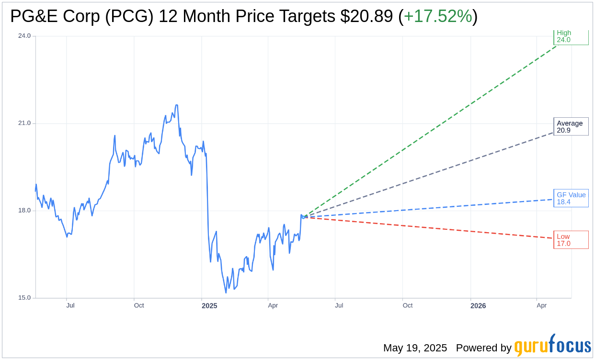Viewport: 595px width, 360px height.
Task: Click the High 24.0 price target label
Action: (x=571, y=36)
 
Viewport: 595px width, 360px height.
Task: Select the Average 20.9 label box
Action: (x=571, y=126)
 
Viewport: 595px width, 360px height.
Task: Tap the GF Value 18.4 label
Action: (x=571, y=198)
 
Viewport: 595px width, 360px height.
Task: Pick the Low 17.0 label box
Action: (x=571, y=240)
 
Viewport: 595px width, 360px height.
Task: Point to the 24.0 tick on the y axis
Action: (x=24, y=36)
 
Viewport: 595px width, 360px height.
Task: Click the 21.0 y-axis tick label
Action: (x=24, y=123)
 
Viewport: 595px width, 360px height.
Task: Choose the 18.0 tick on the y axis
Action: (x=24, y=211)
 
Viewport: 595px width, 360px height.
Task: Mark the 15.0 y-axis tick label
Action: (x=24, y=298)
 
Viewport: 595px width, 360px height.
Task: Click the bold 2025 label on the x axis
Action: (x=209, y=306)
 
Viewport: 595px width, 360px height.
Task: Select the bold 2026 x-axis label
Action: (x=478, y=306)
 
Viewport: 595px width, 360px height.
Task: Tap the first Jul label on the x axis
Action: (x=70, y=305)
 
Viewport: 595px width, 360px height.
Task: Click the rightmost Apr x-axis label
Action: (x=542, y=305)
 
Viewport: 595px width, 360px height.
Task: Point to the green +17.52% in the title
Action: (x=438, y=17)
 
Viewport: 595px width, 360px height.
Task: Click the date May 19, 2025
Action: (x=415, y=348)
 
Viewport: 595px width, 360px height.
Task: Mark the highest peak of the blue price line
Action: (x=177, y=105)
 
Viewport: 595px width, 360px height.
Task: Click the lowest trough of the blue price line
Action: (x=226, y=292)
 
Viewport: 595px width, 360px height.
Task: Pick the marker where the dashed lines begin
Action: (x=304, y=217)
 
